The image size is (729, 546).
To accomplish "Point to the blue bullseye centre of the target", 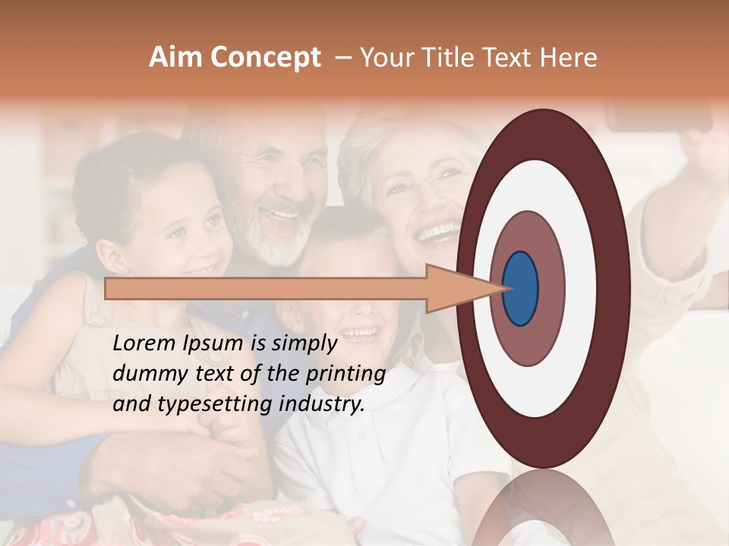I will click(521, 288).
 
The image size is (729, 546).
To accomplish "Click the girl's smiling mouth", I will click(201, 268).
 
